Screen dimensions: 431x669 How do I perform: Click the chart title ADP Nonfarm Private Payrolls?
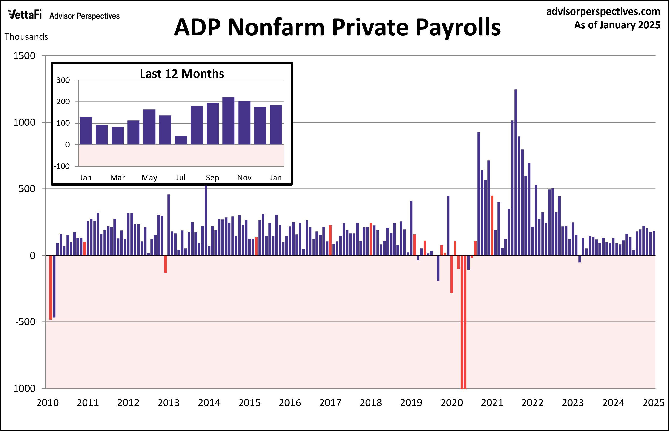click(x=337, y=27)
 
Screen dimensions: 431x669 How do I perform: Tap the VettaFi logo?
click(x=25, y=15)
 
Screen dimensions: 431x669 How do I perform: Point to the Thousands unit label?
click(x=26, y=37)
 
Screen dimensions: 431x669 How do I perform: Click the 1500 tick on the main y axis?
click(x=24, y=56)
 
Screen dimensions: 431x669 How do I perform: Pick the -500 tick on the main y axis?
click(x=25, y=322)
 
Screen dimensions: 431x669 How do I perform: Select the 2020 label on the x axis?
click(x=451, y=403)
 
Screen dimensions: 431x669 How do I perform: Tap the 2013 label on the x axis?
click(x=168, y=403)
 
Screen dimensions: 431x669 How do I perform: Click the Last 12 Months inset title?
click(x=182, y=74)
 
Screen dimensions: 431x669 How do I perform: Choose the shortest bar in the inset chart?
click(x=181, y=140)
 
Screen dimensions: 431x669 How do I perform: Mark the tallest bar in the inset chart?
click(x=228, y=121)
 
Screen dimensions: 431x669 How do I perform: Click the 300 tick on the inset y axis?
click(x=63, y=80)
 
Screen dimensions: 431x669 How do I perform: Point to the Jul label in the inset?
click(x=181, y=177)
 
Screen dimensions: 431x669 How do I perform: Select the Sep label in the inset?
click(x=212, y=177)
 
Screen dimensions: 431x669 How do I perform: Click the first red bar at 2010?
click(x=51, y=287)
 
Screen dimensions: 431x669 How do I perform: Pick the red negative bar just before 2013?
click(x=165, y=264)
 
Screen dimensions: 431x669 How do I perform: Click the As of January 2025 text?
click(x=617, y=25)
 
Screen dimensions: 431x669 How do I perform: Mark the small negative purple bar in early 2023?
click(x=579, y=259)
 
